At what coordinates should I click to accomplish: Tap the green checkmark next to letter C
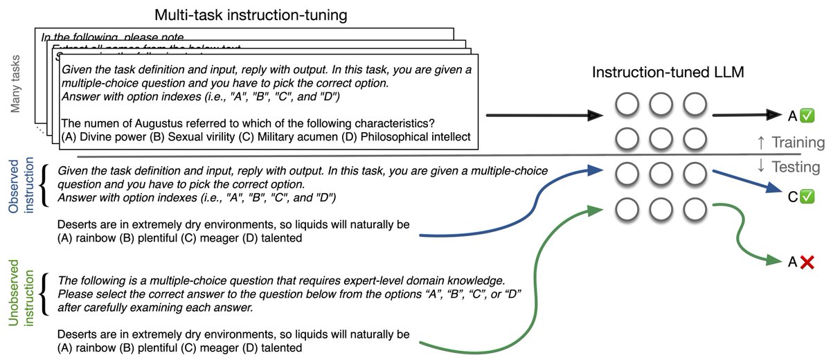pos(807,197)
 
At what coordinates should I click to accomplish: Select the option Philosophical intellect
pos(414,137)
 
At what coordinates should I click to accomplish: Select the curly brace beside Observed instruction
pos(46,185)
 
